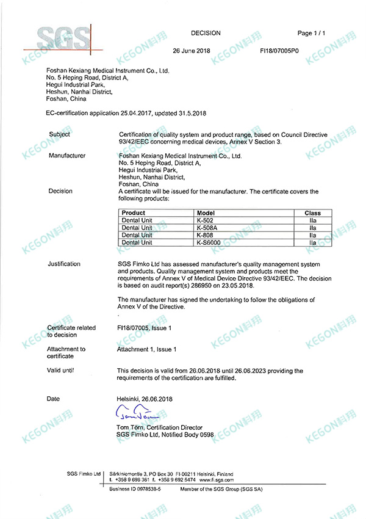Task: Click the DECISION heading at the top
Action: point(206,33)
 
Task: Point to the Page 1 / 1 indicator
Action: point(312,33)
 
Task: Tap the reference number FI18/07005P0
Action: point(279,51)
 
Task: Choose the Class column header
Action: point(312,213)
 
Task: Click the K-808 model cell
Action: point(204,235)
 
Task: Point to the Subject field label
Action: point(59,134)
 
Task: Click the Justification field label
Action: point(64,264)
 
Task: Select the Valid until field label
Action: point(60,371)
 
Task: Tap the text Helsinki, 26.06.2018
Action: point(145,399)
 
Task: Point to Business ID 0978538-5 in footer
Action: point(135,490)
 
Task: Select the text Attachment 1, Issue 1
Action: point(147,349)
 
